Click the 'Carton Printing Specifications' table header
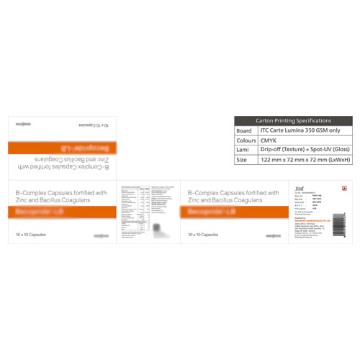[x=294, y=121]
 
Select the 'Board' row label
[x=245, y=131]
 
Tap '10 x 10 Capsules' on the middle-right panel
[x=203, y=235]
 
